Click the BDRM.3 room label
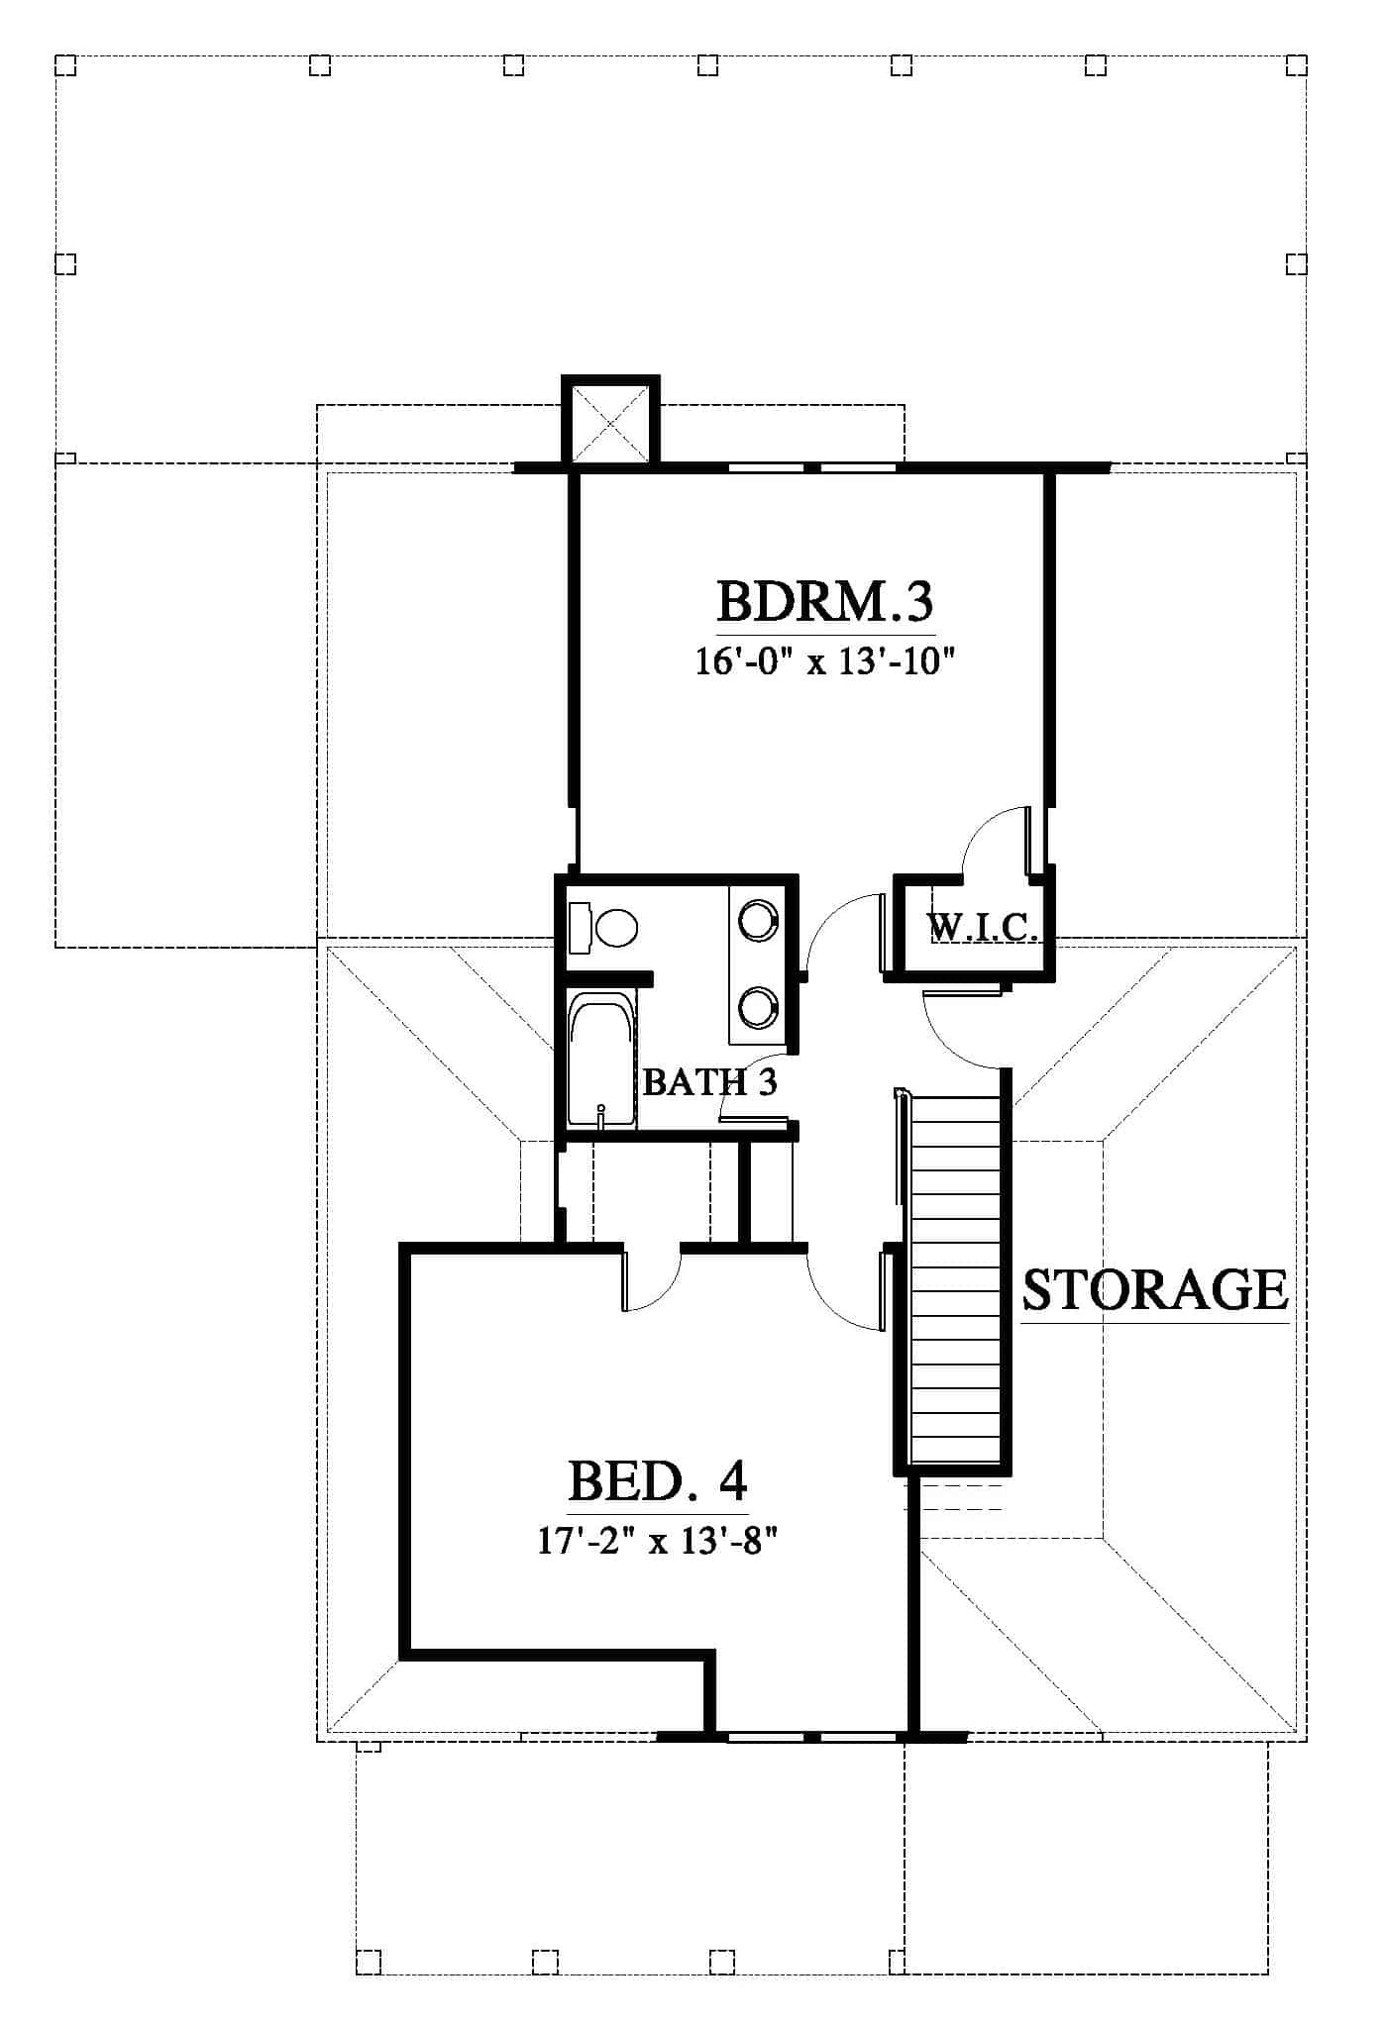(x=825, y=600)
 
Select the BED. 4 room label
(x=658, y=1481)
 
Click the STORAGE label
(x=1155, y=1289)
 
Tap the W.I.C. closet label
(x=983, y=928)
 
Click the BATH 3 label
(x=709, y=1081)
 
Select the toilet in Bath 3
(x=603, y=928)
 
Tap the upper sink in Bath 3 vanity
(x=758, y=918)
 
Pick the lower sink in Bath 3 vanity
(x=758, y=1006)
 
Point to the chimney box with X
(x=610, y=421)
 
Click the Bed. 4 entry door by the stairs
(x=845, y=1291)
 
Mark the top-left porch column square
(x=65, y=65)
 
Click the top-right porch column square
(x=1297, y=65)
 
